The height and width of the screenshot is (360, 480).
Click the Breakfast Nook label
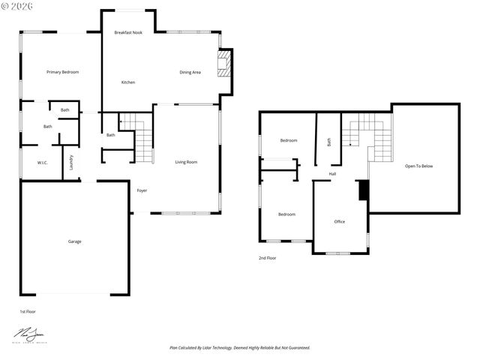coord(128,33)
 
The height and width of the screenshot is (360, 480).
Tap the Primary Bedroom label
coord(62,72)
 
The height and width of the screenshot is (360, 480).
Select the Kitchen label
coord(128,82)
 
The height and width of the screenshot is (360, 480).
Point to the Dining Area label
coord(190,72)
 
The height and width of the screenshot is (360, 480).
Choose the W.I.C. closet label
coord(43,163)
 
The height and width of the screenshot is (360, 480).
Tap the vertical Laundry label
coord(71,162)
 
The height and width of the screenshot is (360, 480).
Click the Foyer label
coord(142,190)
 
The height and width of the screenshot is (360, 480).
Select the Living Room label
coord(186,162)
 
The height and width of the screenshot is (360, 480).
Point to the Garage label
coord(75,241)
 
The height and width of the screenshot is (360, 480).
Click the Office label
coord(339,221)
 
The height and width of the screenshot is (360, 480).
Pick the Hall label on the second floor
coord(332,174)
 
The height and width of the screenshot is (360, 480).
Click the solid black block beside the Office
coord(364,190)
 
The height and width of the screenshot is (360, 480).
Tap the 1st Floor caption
coord(28,311)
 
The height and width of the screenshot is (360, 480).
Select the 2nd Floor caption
coord(268,258)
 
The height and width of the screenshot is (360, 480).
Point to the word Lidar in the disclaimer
coord(208,348)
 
